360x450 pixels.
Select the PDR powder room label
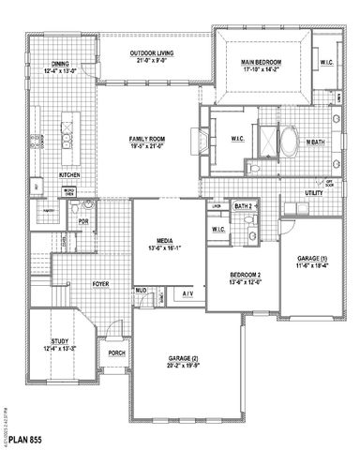[x=82, y=222]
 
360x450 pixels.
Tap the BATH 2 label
[x=243, y=205]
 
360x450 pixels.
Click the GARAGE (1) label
[x=310, y=258]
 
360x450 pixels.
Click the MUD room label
[x=142, y=291]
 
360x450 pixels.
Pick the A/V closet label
[x=187, y=294]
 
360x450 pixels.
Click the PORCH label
[x=116, y=352]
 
